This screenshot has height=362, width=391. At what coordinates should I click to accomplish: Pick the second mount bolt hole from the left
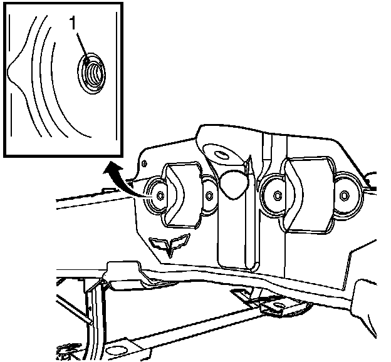(209, 196)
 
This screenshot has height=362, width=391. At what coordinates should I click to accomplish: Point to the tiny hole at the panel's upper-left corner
(146, 163)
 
